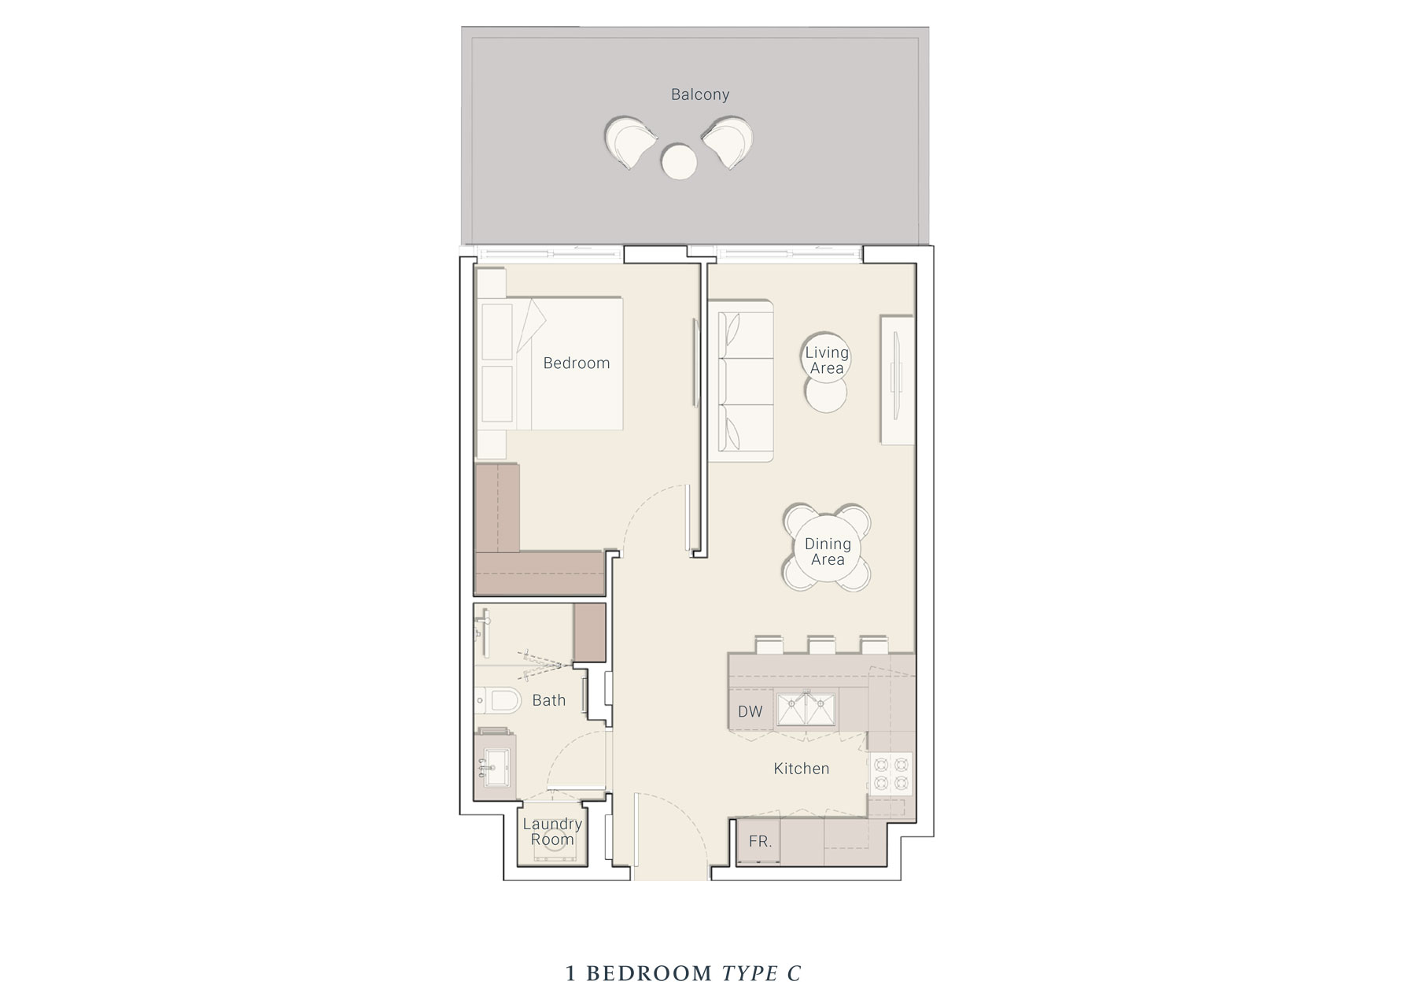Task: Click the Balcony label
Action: coord(699,94)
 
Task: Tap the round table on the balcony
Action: coord(680,163)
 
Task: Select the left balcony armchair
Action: coord(631,142)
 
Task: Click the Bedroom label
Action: coord(576,363)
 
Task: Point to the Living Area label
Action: coord(826,360)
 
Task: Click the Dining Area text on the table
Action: coord(828,551)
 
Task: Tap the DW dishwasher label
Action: coord(750,711)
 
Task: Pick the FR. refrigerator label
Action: coord(760,841)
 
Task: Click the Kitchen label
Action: coord(802,769)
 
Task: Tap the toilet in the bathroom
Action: coord(496,699)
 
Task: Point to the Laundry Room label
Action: coord(552,832)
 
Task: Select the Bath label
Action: coord(548,699)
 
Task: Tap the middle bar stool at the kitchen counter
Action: coord(820,644)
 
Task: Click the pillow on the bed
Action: coord(496,329)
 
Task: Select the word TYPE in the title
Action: coord(749,973)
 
